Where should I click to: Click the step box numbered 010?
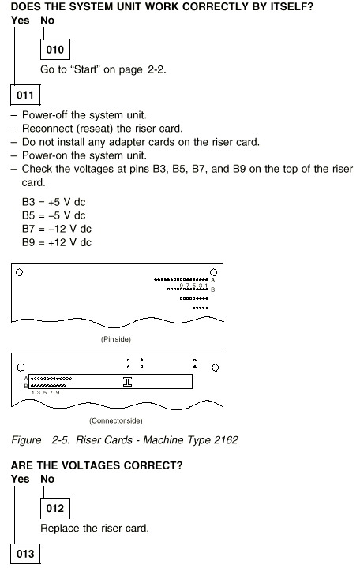click(55, 49)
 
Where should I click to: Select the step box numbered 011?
click(25, 95)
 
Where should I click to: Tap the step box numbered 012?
click(55, 508)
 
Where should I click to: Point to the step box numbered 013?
click(25, 554)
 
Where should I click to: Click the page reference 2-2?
click(156, 69)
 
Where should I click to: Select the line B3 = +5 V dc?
click(54, 202)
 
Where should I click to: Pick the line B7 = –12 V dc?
click(57, 229)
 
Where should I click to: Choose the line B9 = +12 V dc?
click(57, 242)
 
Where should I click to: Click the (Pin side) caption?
click(115, 339)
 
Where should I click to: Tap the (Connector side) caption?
click(115, 421)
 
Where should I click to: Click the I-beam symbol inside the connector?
click(127, 382)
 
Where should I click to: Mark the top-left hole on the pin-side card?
click(20, 272)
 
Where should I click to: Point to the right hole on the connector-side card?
click(215, 368)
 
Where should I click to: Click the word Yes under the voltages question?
click(20, 479)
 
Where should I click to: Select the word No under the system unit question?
click(47, 21)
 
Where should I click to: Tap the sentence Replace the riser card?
click(95, 528)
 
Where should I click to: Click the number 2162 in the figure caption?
click(226, 439)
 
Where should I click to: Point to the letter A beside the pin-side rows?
click(213, 280)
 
